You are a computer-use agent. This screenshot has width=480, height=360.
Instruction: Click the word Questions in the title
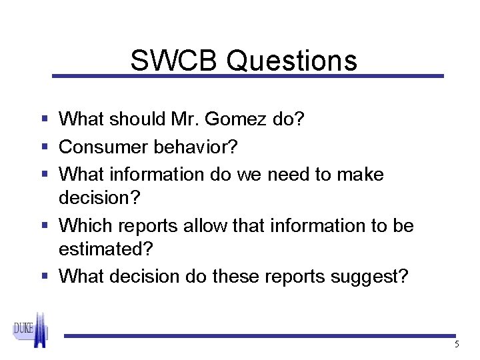point(291,61)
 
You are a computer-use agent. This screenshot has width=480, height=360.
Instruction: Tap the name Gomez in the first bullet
point(246,119)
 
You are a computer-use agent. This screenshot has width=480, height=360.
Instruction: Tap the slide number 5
point(457,345)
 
